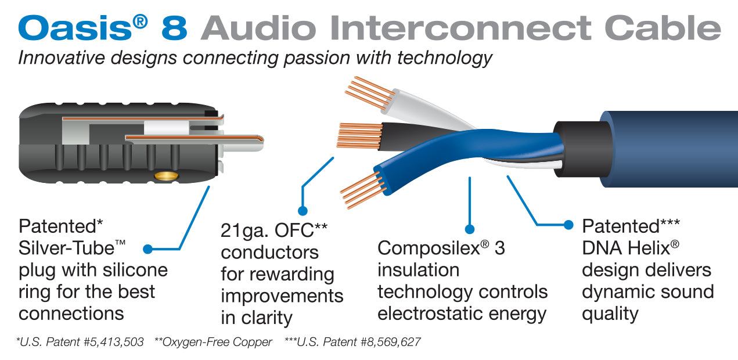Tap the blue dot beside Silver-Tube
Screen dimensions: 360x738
147,249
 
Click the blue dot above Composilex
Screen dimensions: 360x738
470,229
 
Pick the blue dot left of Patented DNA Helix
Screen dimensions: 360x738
568,225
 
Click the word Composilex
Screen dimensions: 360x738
428,248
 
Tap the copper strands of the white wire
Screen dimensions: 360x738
366,93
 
